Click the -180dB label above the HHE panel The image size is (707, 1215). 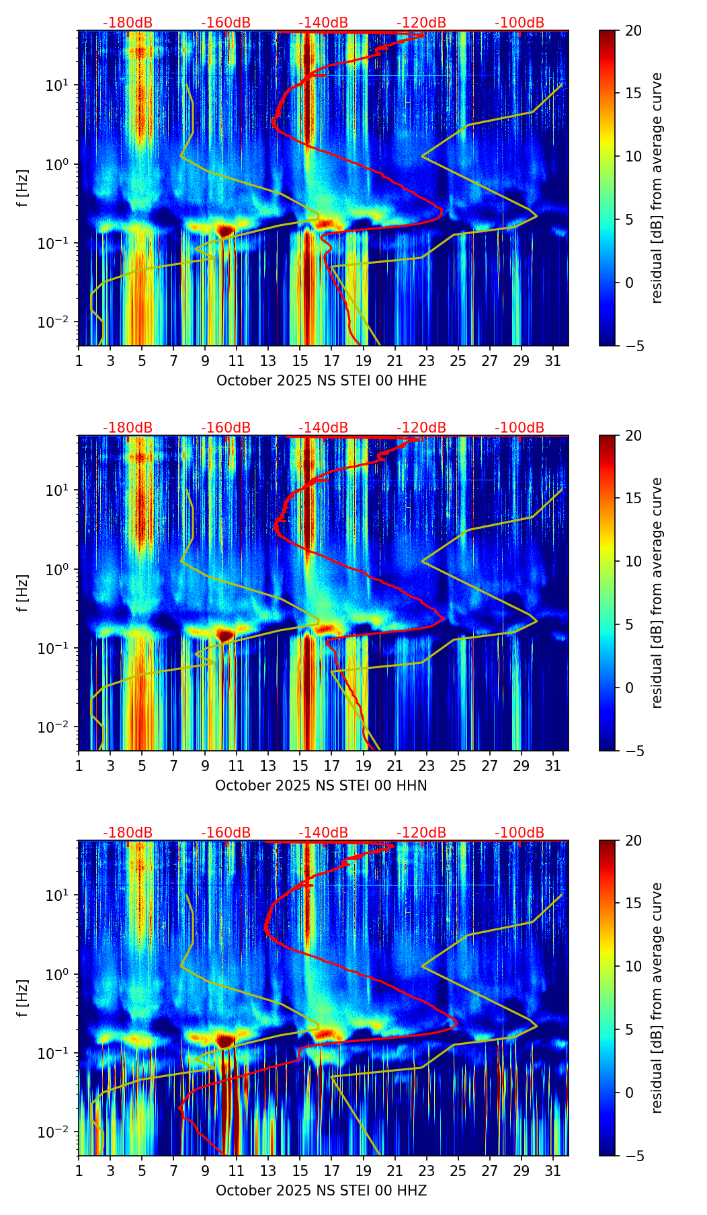pos(128,23)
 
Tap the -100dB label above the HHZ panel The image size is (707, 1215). pos(519,833)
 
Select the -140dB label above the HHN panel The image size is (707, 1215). pos(323,428)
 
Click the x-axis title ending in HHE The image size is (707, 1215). pos(321,381)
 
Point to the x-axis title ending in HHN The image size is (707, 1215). pos(321,786)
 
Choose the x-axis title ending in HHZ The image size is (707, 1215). pos(321,1191)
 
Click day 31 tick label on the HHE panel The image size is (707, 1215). pos(553,361)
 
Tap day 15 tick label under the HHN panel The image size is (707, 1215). pos(300,766)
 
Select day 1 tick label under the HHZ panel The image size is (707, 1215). pos(79,1171)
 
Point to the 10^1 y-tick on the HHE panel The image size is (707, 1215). pos(60,85)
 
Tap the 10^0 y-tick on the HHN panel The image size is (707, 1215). pos(60,570)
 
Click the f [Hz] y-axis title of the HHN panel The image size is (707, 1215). pos(24,593)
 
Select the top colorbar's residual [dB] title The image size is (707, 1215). pos(657,188)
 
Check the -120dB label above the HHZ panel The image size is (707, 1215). pos(421,833)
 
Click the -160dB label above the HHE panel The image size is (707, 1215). pos(226,23)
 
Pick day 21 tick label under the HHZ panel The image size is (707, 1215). pos(395,1171)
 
